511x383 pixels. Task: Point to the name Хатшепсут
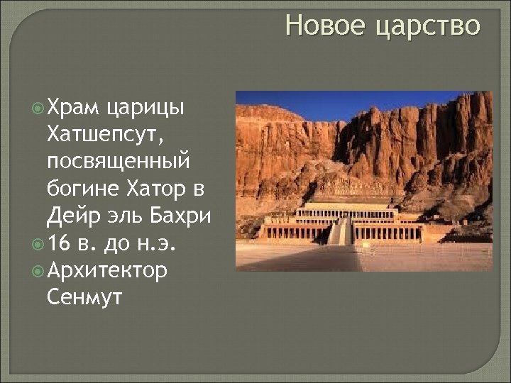point(111,134)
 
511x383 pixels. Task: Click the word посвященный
point(118,162)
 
